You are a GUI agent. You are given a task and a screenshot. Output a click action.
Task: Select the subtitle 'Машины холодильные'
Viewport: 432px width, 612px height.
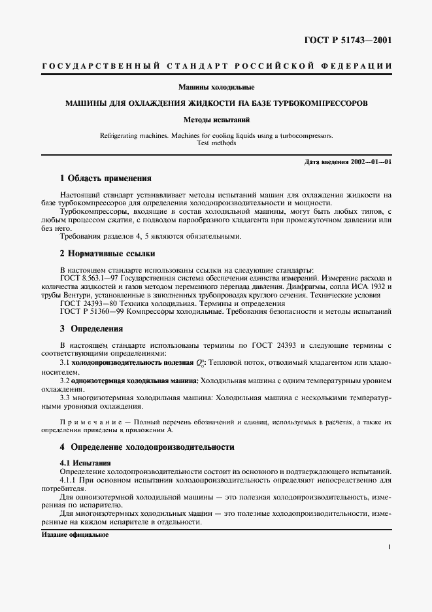[x=216, y=88]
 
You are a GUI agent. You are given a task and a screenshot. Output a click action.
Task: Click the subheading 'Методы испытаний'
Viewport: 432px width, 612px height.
[x=216, y=120]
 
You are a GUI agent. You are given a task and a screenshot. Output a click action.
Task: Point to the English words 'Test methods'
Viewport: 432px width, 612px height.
[x=216, y=143]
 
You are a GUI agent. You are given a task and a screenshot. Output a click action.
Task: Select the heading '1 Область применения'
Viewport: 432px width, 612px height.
[x=105, y=178]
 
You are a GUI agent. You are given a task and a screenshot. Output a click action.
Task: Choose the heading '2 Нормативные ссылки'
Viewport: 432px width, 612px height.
[x=107, y=253]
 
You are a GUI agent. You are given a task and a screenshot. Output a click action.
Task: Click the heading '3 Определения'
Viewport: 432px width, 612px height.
[x=91, y=329]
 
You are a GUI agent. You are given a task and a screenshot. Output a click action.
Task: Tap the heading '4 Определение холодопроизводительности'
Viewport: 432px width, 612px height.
[x=147, y=448]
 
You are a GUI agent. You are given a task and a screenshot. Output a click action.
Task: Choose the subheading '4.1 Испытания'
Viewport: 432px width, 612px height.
[x=81, y=463]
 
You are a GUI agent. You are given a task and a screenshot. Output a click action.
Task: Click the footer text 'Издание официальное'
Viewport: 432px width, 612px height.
[x=74, y=534]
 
